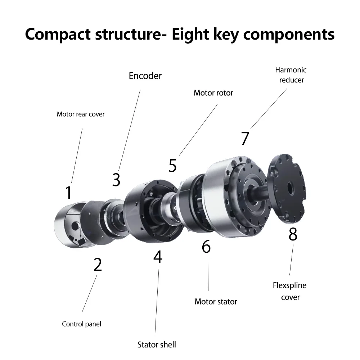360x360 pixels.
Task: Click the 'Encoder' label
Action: [x=145, y=76]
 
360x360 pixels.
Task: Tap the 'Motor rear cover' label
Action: [x=81, y=114]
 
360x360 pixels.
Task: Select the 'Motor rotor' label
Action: [x=213, y=93]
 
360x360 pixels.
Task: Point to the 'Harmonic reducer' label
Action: [x=291, y=75]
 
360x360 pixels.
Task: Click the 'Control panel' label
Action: [x=82, y=324]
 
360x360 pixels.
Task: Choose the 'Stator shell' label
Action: [x=157, y=345]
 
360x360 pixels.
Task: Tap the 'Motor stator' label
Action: [x=216, y=301]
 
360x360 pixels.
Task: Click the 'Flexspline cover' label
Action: [x=290, y=291]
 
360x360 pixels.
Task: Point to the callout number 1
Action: [x=68, y=193]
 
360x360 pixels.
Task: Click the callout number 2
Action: [x=98, y=265]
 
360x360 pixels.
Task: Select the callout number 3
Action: [x=116, y=180]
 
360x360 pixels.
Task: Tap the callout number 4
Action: [x=158, y=257]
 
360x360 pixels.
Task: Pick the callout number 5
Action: [x=173, y=166]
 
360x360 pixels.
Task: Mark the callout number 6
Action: [x=206, y=247]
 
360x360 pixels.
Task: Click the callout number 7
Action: [x=245, y=139]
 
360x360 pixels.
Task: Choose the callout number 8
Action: [x=293, y=234]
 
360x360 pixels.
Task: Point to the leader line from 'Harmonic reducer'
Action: [x=269, y=108]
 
